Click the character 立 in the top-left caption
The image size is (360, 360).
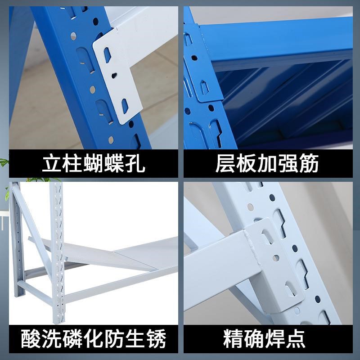click(x=53, y=164)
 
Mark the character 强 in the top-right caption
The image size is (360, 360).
click(x=288, y=164)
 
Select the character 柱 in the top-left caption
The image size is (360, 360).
click(x=73, y=164)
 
